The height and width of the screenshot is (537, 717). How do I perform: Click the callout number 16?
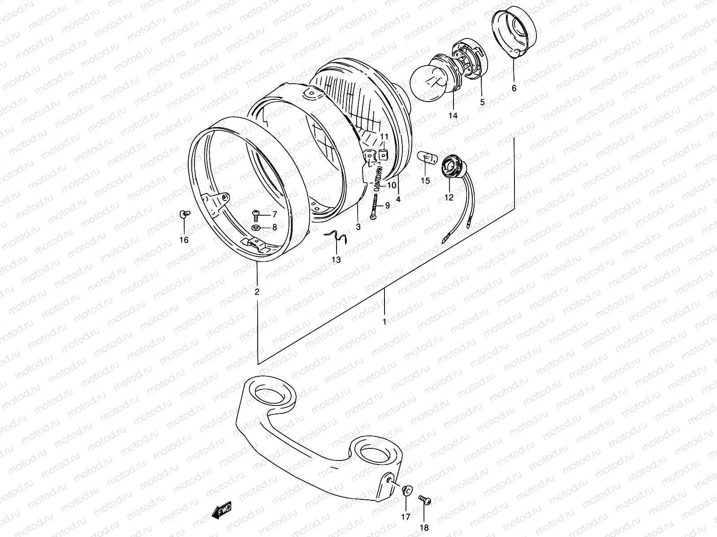tap(184, 240)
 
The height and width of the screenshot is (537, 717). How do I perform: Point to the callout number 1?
tap(384, 322)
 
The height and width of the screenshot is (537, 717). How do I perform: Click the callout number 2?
tap(257, 292)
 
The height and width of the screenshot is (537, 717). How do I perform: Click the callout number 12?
tap(449, 197)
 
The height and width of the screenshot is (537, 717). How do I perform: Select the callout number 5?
tap(482, 102)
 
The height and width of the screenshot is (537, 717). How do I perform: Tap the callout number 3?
tap(358, 227)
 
